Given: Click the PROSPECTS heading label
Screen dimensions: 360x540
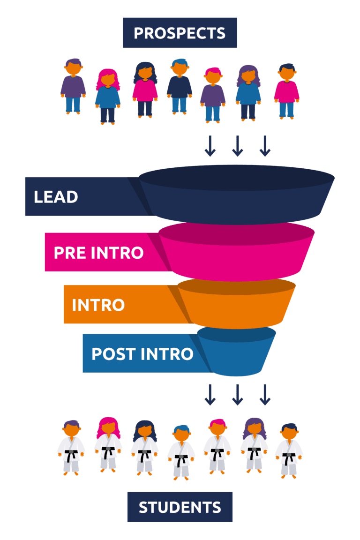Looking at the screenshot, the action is (x=180, y=33).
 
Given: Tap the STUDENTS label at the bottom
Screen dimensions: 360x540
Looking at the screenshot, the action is (x=180, y=507).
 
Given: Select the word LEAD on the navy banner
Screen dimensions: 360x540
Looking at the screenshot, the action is (x=56, y=197).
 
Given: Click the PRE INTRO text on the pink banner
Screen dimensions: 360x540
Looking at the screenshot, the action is (x=98, y=253).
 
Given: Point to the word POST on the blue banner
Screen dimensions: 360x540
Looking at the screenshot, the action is (x=114, y=354).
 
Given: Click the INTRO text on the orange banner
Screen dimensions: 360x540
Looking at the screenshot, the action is (x=98, y=305).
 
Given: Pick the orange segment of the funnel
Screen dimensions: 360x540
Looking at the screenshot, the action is (x=236, y=304).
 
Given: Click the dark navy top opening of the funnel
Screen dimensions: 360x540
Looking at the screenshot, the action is (x=236, y=178).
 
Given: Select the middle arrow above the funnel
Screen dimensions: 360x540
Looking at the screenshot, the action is (x=237, y=146).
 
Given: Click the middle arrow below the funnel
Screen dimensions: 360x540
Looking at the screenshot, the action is (x=237, y=395).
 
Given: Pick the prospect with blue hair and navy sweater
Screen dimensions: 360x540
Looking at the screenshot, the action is (x=180, y=86).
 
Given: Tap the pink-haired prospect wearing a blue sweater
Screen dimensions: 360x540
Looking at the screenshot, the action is (x=108, y=96).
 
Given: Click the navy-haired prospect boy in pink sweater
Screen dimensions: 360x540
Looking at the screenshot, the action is (x=286, y=91).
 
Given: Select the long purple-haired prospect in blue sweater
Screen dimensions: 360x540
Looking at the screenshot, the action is (x=248, y=93).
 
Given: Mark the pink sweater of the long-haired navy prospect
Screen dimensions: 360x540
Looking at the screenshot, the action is (x=145, y=90).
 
